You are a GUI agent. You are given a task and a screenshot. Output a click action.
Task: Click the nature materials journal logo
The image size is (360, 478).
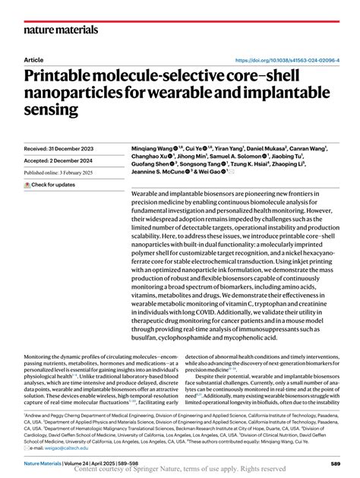61,30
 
